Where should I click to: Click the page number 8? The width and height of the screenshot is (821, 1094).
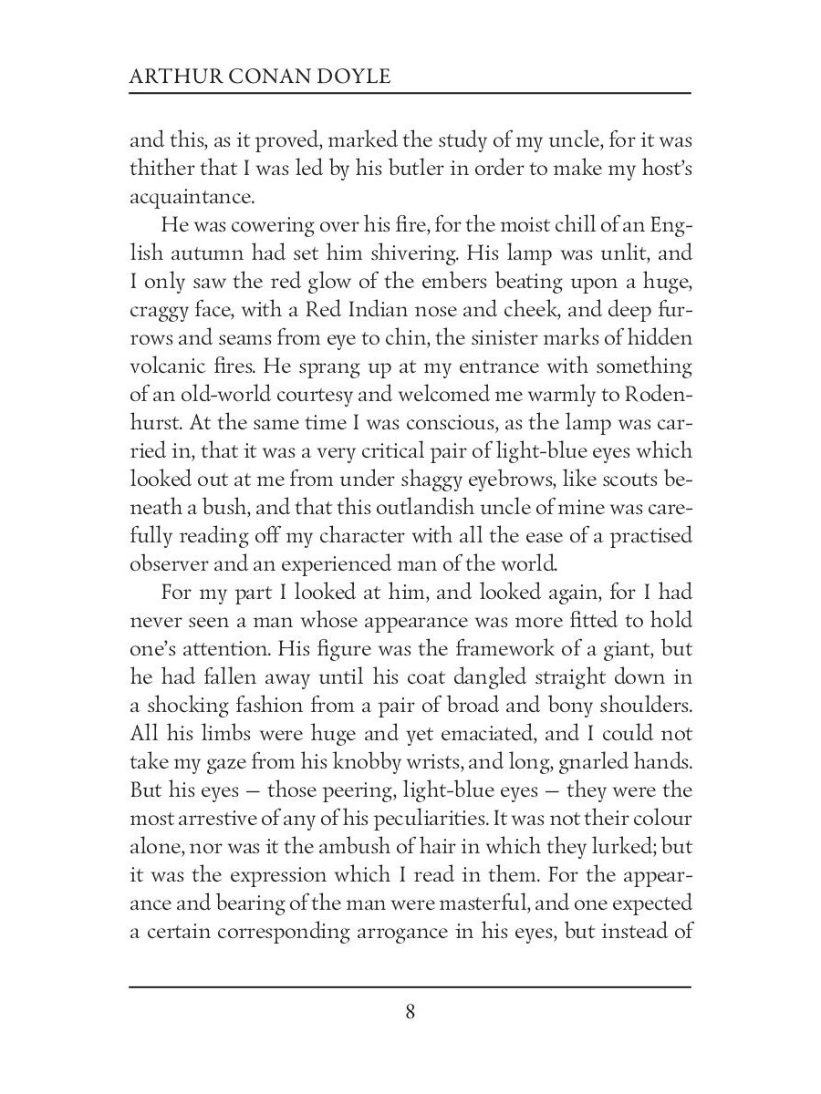[410, 1012]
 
